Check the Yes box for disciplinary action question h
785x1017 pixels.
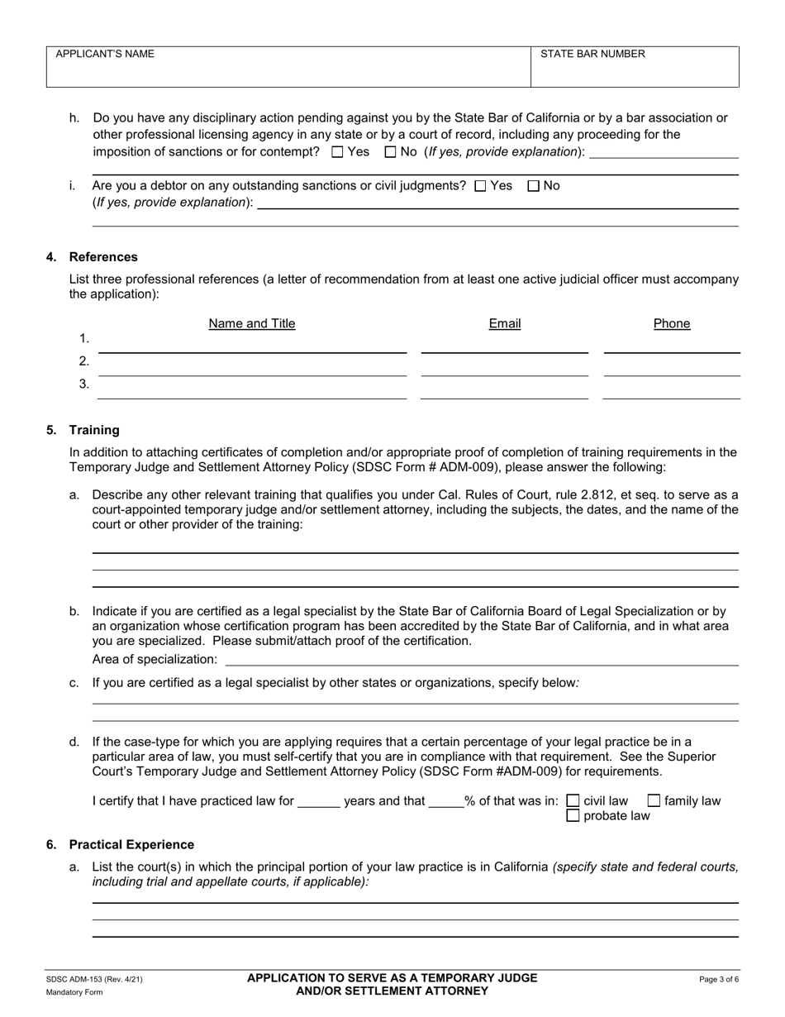coord(337,152)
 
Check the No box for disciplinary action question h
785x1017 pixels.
coord(391,152)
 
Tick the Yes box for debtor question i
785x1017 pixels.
coord(480,186)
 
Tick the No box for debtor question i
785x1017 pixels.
coord(533,186)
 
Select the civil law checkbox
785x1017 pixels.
coord(573,801)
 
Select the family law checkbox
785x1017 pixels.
coord(654,801)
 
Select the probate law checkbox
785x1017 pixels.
coord(573,816)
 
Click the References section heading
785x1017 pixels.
coord(103,257)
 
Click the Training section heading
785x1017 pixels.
coord(94,430)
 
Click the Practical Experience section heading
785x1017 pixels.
coord(131,845)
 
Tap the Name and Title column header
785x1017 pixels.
coord(252,323)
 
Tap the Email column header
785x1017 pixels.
coord(505,323)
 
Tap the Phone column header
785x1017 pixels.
coord(672,323)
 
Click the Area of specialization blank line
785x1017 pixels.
coord(482,659)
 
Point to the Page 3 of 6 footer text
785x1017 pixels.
coord(719,980)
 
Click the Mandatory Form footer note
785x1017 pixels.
coord(74,992)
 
